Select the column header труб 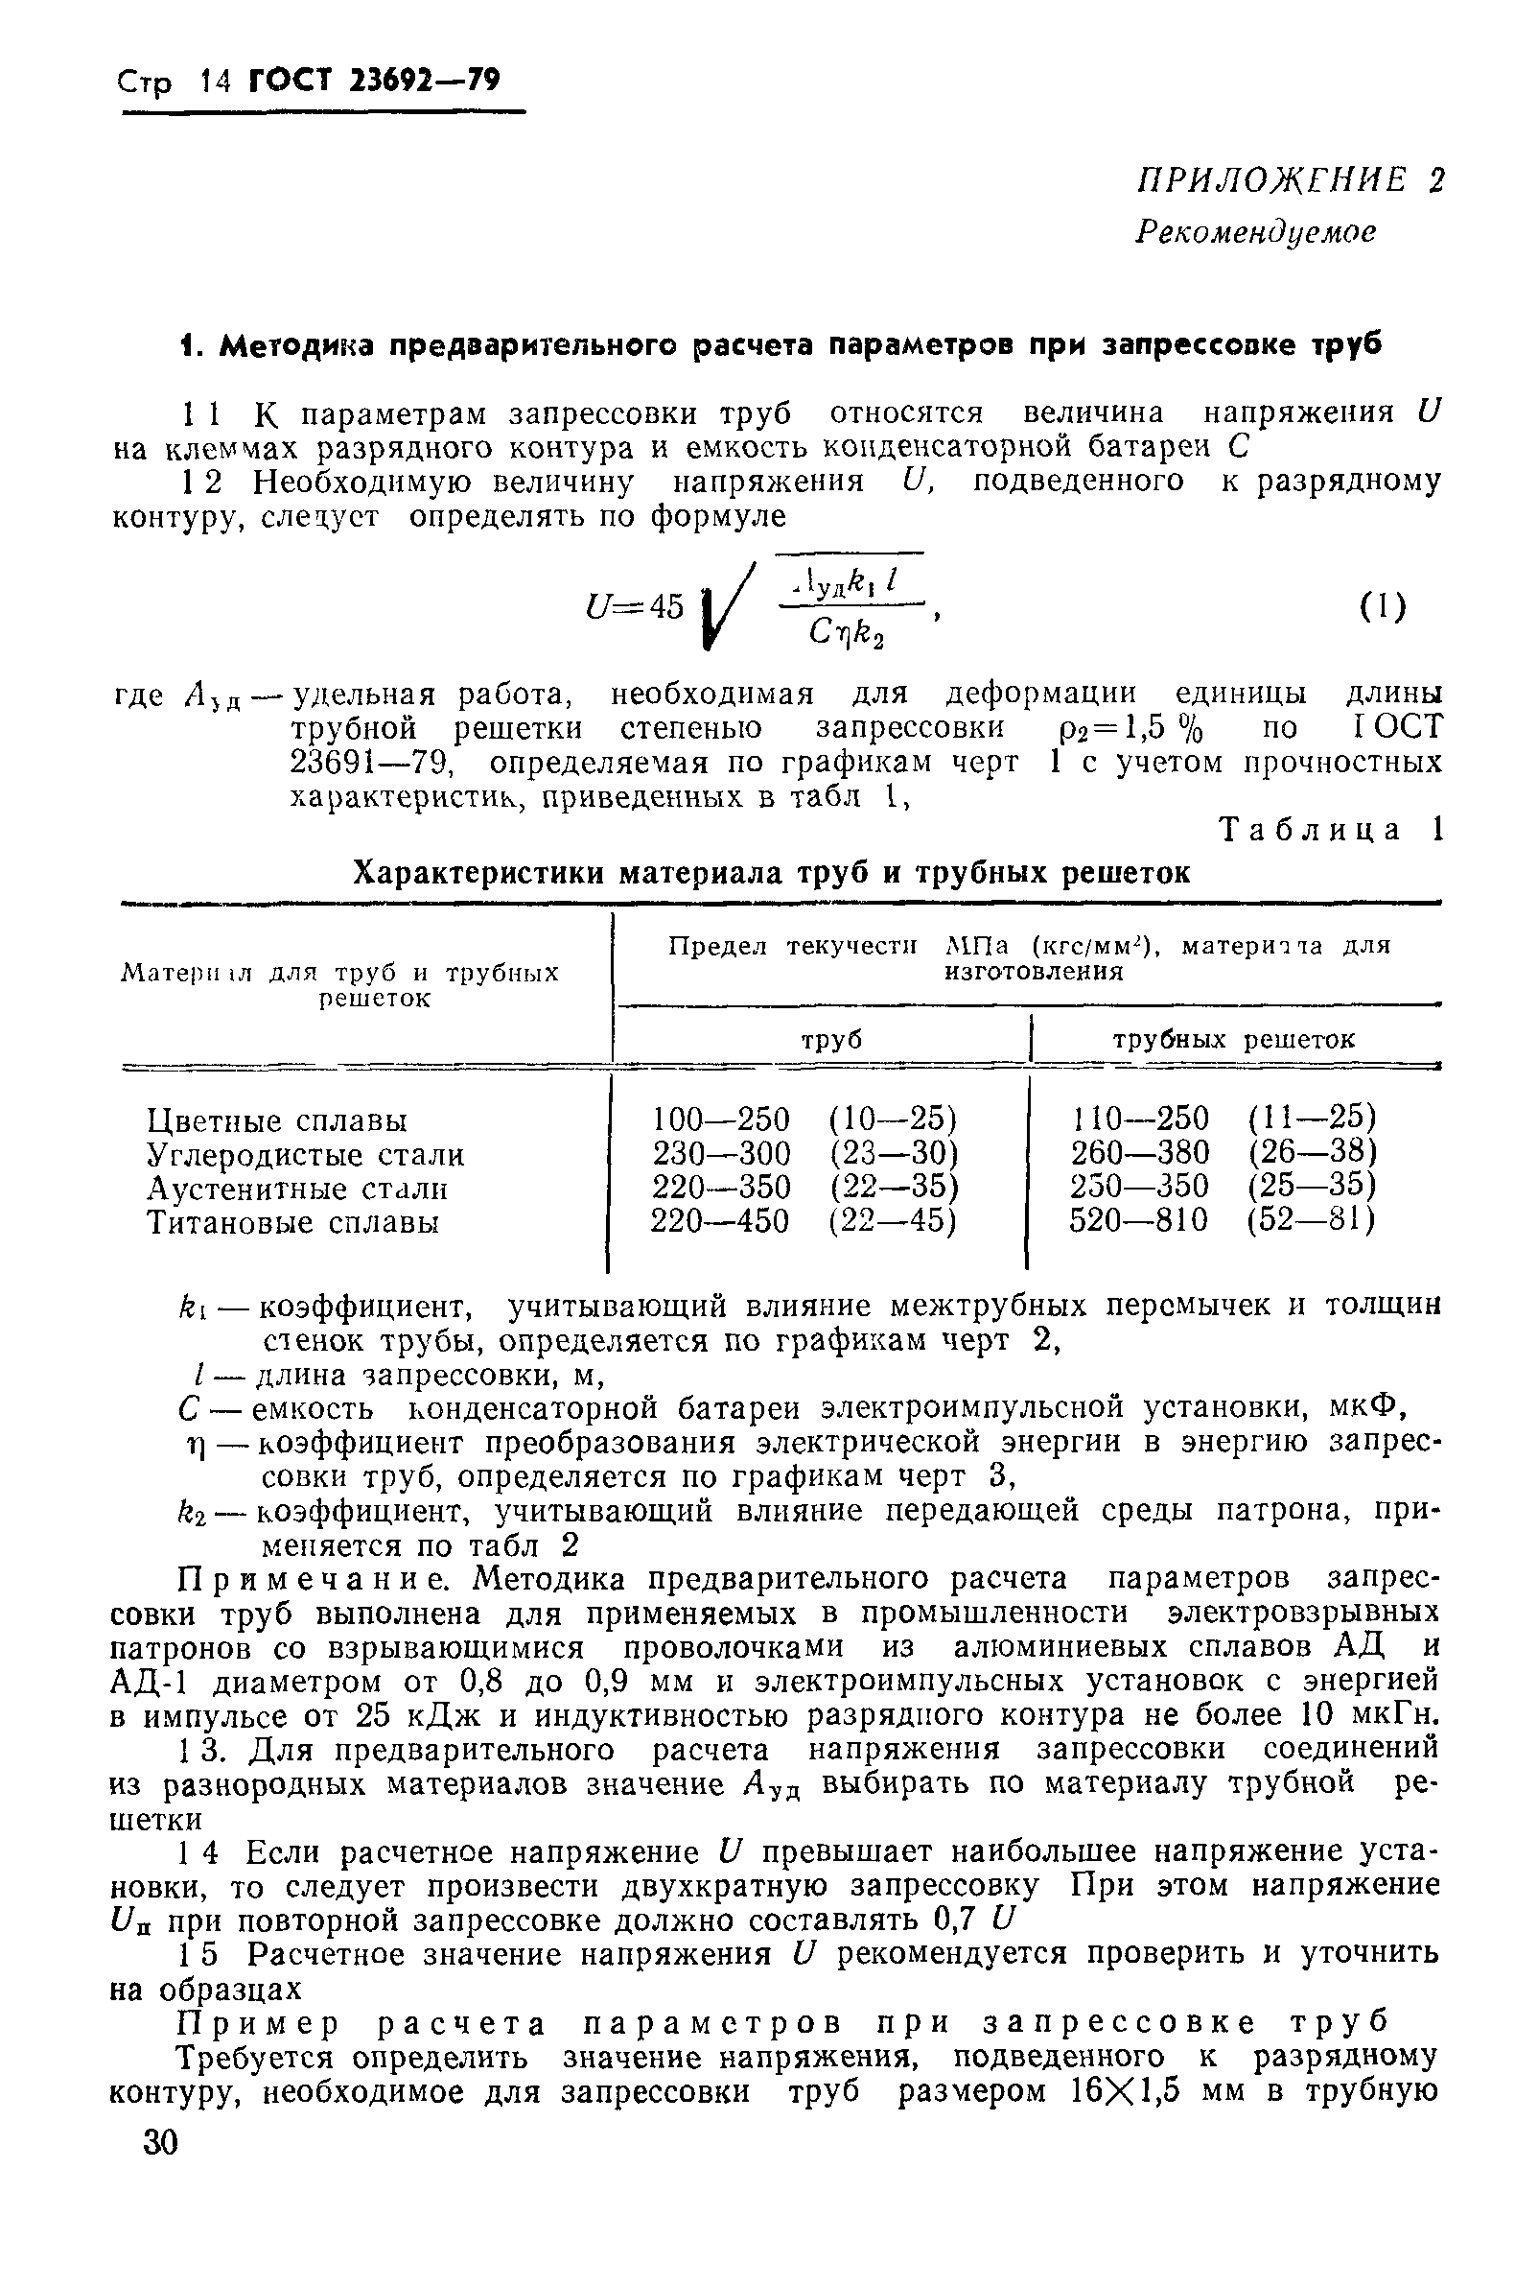click(x=831, y=1040)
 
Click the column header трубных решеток click(x=1233, y=1040)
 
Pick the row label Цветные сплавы click(x=277, y=1120)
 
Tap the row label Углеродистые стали click(x=305, y=1155)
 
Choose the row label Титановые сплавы click(x=292, y=1222)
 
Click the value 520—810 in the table click(x=1139, y=1221)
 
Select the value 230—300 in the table click(x=721, y=1153)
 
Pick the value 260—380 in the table click(x=1140, y=1153)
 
